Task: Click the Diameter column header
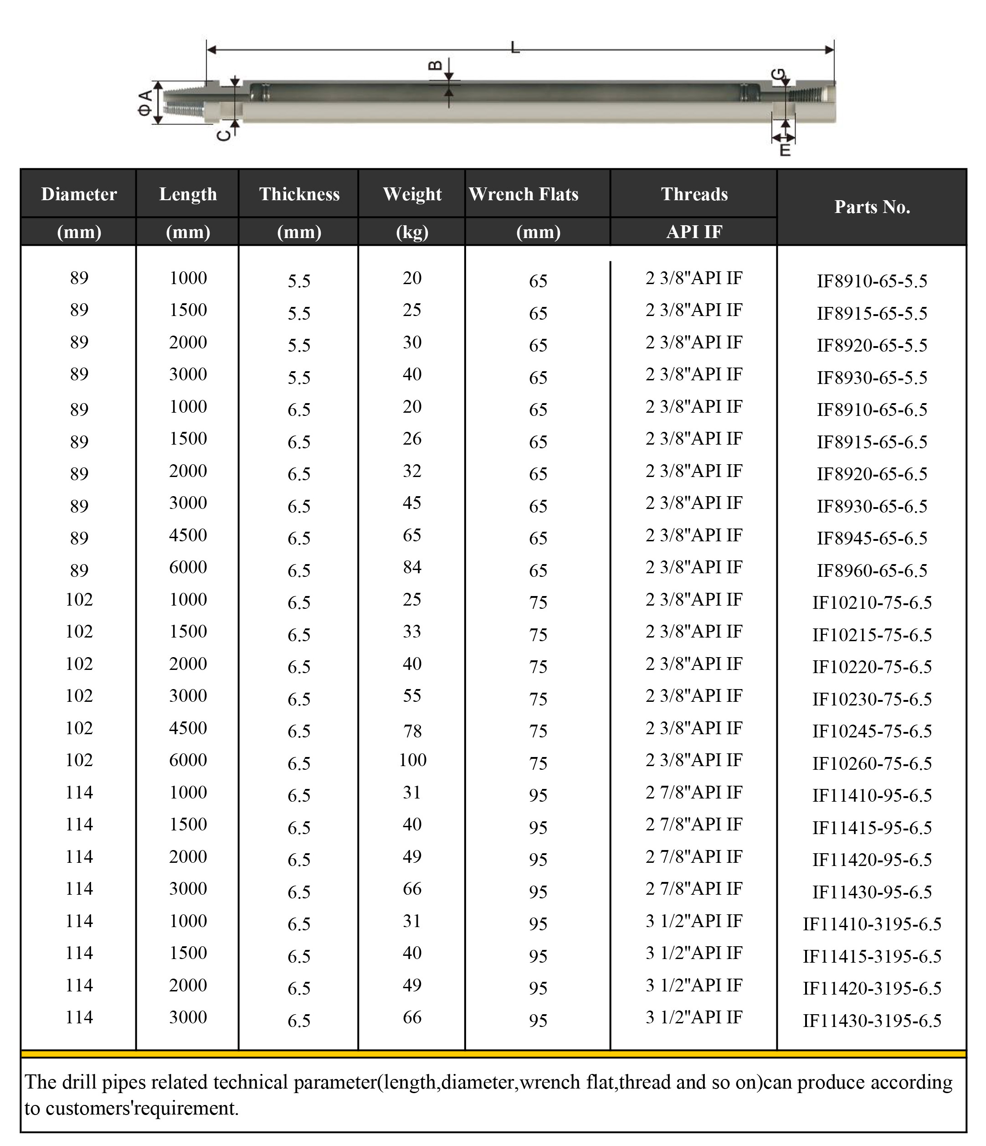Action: [x=79, y=194]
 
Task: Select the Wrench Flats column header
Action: [x=524, y=194]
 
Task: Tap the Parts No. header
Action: [x=872, y=207]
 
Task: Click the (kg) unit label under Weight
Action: [x=412, y=232]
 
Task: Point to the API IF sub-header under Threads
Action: [x=694, y=232]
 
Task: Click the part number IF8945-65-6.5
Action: [x=872, y=538]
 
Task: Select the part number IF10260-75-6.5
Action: [x=872, y=763]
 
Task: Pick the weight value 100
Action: [x=412, y=760]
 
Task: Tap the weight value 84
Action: [x=412, y=567]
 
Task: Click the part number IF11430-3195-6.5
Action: [x=872, y=1021]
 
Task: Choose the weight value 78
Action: [x=412, y=731]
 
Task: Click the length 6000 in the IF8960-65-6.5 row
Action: [x=188, y=567]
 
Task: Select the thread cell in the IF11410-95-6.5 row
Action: [x=694, y=792]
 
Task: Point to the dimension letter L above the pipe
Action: [x=515, y=47]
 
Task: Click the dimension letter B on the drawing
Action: [x=436, y=65]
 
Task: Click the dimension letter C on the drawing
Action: [x=223, y=135]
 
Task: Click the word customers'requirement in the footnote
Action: [x=142, y=1108]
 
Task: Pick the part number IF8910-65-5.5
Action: [x=872, y=281]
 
